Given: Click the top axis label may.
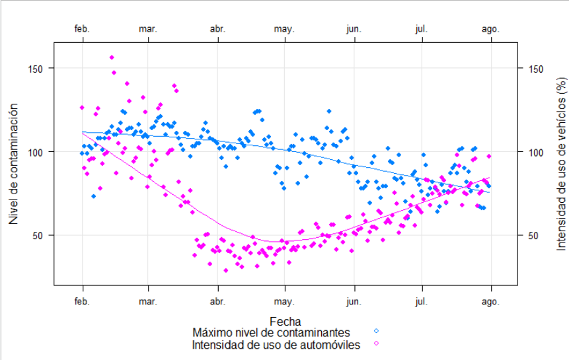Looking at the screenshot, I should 285,29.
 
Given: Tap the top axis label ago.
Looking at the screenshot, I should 490,29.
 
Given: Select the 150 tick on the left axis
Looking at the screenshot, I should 38,69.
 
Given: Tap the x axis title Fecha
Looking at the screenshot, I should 285,322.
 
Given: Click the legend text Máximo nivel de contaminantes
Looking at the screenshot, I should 271,332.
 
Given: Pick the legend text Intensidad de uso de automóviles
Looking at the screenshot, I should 276,344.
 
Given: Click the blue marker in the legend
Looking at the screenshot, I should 376,331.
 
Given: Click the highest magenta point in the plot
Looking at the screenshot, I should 112,57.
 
